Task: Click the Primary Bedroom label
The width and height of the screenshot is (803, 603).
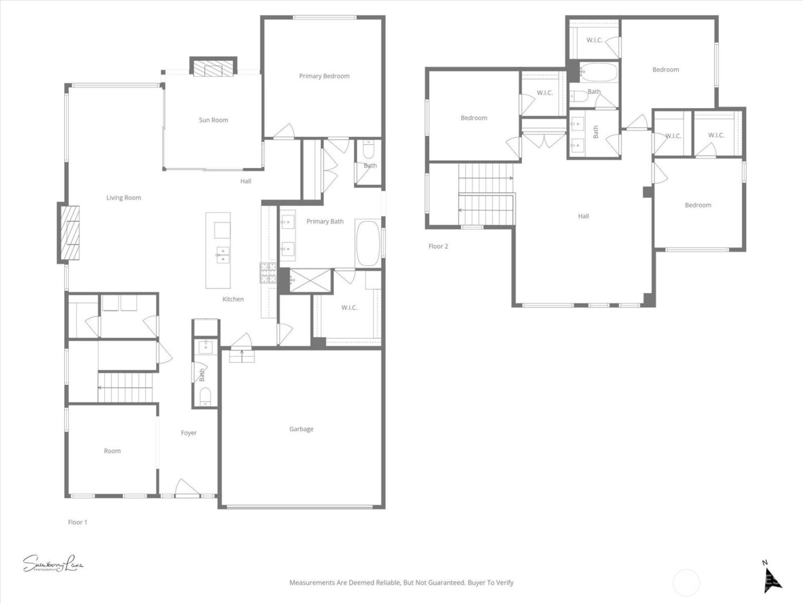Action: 324,76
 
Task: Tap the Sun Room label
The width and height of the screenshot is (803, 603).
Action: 213,120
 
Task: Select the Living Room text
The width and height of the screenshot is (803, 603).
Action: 123,198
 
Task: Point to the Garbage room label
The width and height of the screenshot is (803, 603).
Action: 301,429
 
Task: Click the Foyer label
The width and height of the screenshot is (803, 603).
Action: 189,433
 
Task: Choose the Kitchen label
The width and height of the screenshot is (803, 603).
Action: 233,299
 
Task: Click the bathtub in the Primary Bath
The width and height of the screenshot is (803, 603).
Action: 368,242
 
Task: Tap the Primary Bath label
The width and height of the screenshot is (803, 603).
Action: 325,221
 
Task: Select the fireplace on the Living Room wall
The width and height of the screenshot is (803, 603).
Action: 70,233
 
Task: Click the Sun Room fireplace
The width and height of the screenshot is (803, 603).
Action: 213,68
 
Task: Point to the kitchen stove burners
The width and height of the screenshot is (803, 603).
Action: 268,273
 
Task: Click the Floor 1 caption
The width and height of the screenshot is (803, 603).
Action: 77,522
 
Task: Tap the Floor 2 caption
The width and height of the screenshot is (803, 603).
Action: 438,246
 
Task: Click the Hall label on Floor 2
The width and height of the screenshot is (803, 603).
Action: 583,217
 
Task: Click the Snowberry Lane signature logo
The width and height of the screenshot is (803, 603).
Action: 53,564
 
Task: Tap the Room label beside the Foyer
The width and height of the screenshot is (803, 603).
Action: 112,451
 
